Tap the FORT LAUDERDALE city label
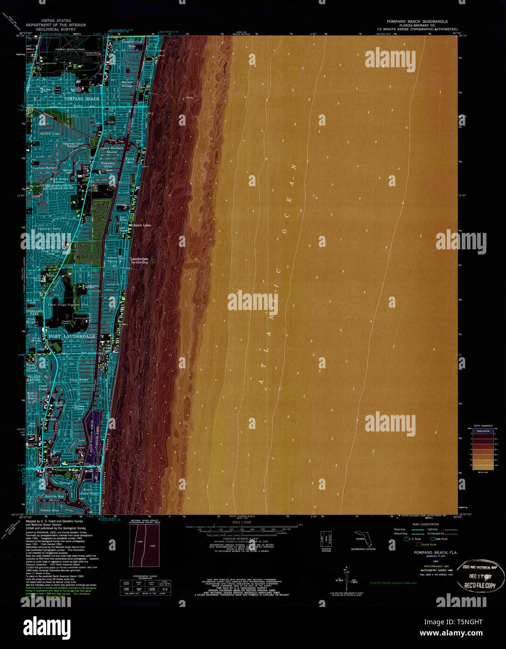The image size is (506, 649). click(x=71, y=336)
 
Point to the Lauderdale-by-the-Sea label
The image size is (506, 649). click(x=139, y=260)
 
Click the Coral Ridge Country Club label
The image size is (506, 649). click(x=73, y=305)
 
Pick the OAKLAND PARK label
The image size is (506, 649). click(x=34, y=313)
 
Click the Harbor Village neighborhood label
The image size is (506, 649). click(x=127, y=84)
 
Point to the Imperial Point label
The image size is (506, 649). click(x=50, y=229)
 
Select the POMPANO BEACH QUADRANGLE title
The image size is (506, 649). click(x=417, y=21)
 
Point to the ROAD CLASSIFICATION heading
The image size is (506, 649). click(x=425, y=524)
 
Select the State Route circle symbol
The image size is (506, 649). click(x=432, y=539)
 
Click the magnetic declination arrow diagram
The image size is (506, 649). click(x=346, y=577)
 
